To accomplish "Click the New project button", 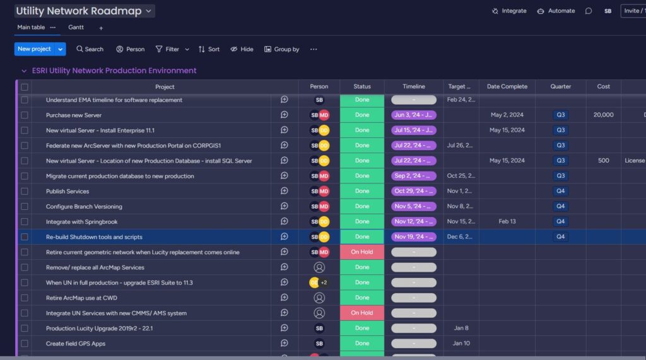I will click(x=33, y=49).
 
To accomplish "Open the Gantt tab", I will click(x=76, y=28).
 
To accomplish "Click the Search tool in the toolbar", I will click(x=90, y=49).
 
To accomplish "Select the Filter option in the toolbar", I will click(x=167, y=49).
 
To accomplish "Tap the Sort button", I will click(x=209, y=49).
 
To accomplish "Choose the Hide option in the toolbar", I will click(x=242, y=49).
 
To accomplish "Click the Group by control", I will click(x=281, y=49).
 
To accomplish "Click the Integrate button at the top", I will click(x=509, y=11).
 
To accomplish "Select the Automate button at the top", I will click(x=556, y=11).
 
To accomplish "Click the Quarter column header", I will click(x=561, y=86).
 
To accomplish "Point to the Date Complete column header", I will click(x=507, y=86).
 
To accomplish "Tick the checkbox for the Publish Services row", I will click(x=25, y=191).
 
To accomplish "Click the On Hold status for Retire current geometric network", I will click(x=362, y=252).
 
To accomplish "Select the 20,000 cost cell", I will click(x=604, y=115).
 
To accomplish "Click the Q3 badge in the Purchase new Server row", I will click(x=560, y=115).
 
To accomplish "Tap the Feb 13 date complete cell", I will click(x=507, y=221).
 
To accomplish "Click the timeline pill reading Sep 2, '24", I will click(x=413, y=176).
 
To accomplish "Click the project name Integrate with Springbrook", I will click(x=81, y=222).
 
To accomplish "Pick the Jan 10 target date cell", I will click(x=461, y=344).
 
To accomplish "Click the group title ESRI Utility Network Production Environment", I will click(x=114, y=71).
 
